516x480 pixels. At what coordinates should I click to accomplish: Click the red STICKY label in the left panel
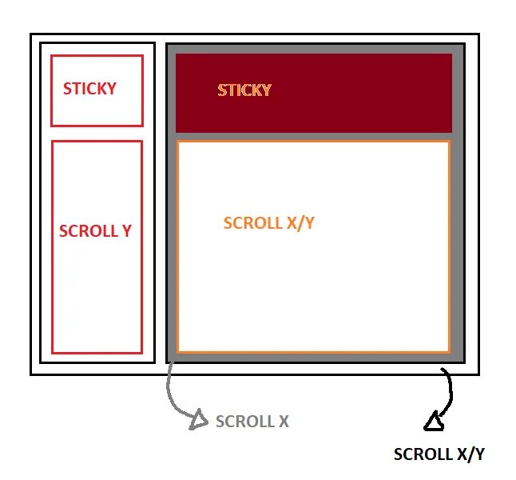coord(89,89)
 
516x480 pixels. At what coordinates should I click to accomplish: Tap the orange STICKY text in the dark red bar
coord(244,90)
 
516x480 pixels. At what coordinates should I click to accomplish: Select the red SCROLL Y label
coord(95,231)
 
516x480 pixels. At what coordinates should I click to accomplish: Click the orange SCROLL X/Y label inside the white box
coord(269,223)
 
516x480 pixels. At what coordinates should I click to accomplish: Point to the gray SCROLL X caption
coord(252,421)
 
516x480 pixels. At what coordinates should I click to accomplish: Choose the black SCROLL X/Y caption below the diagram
coord(439,454)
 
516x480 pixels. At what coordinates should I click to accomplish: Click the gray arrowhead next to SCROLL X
coord(196,418)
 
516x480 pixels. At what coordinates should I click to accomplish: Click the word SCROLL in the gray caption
coord(242,421)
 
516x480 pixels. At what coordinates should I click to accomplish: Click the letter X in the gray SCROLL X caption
coord(283,421)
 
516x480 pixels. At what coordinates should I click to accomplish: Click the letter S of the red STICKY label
coord(68,89)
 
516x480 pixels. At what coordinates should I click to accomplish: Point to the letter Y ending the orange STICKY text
coord(266,90)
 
